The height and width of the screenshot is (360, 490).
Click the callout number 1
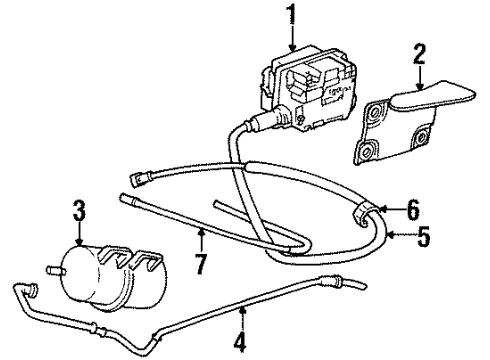pyautogui.click(x=292, y=16)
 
